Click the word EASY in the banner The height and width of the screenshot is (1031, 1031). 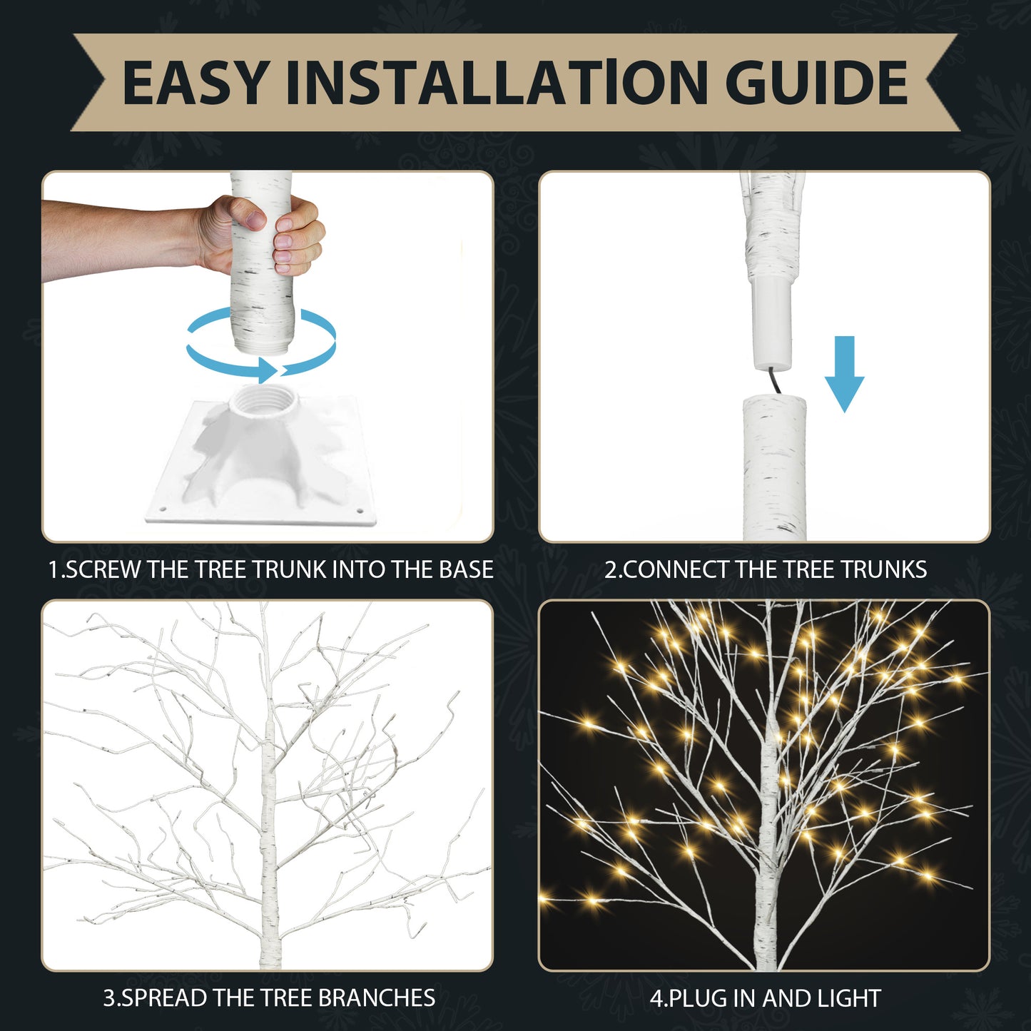196,83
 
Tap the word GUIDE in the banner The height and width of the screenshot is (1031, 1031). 817,83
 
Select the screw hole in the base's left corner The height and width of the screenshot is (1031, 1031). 162,509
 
